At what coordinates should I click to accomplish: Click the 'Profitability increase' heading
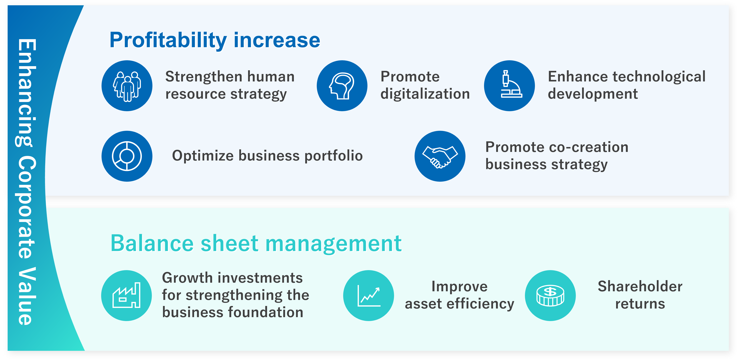pyautogui.click(x=215, y=41)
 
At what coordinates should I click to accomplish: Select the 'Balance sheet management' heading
pyautogui.click(x=256, y=244)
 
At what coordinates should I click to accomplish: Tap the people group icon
pyautogui.click(x=127, y=86)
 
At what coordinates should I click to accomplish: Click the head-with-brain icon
pyautogui.click(x=342, y=86)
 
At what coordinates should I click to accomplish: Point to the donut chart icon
pyautogui.click(x=127, y=156)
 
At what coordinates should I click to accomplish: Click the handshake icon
pyautogui.click(x=440, y=156)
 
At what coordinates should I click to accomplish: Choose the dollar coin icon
pyautogui.click(x=550, y=296)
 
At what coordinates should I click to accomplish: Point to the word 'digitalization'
pyautogui.click(x=425, y=94)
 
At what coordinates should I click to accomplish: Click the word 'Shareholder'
pyautogui.click(x=640, y=287)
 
